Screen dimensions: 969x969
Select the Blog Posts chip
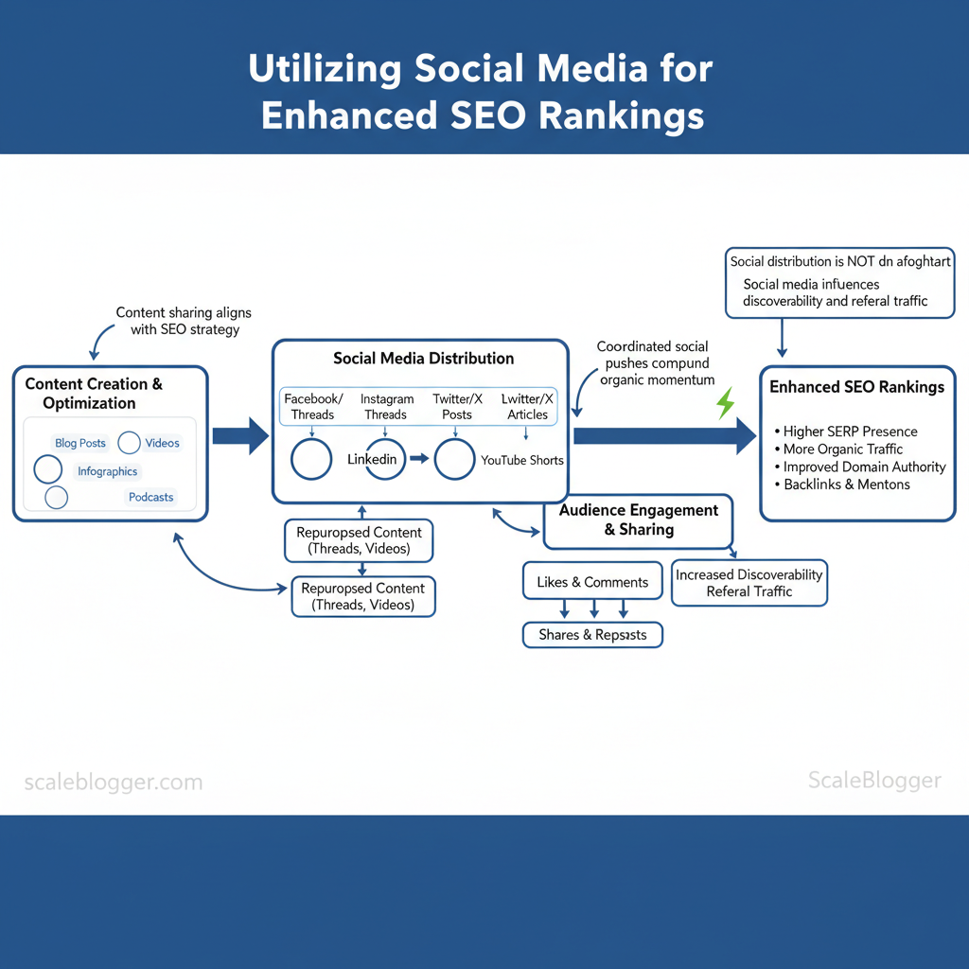[x=80, y=443]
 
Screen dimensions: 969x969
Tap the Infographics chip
[x=108, y=471]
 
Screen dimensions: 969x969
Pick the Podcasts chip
[x=151, y=497]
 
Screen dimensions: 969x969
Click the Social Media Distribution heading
[x=424, y=359]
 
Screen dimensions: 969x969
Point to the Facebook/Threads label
[x=313, y=407]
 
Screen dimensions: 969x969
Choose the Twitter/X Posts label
[x=457, y=407]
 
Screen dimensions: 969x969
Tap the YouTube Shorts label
[x=522, y=460]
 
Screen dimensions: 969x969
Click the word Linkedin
[x=372, y=460]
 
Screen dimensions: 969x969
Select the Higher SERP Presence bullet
[x=850, y=432]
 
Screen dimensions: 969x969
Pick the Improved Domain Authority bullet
[x=864, y=467]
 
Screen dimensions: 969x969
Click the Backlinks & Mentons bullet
[x=846, y=484]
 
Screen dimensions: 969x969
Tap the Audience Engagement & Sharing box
[x=639, y=520]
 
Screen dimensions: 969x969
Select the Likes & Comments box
[x=592, y=582]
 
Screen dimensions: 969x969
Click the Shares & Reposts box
[x=592, y=635]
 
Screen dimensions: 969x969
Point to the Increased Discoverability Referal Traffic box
[x=749, y=583]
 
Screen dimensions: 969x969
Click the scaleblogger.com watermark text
[x=113, y=783]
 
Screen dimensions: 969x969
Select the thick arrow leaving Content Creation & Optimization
[x=240, y=436]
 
